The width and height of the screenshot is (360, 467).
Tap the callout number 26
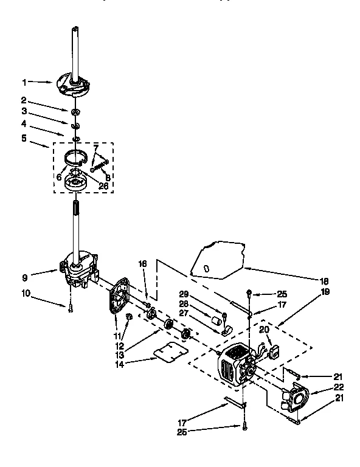pos(103,187)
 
